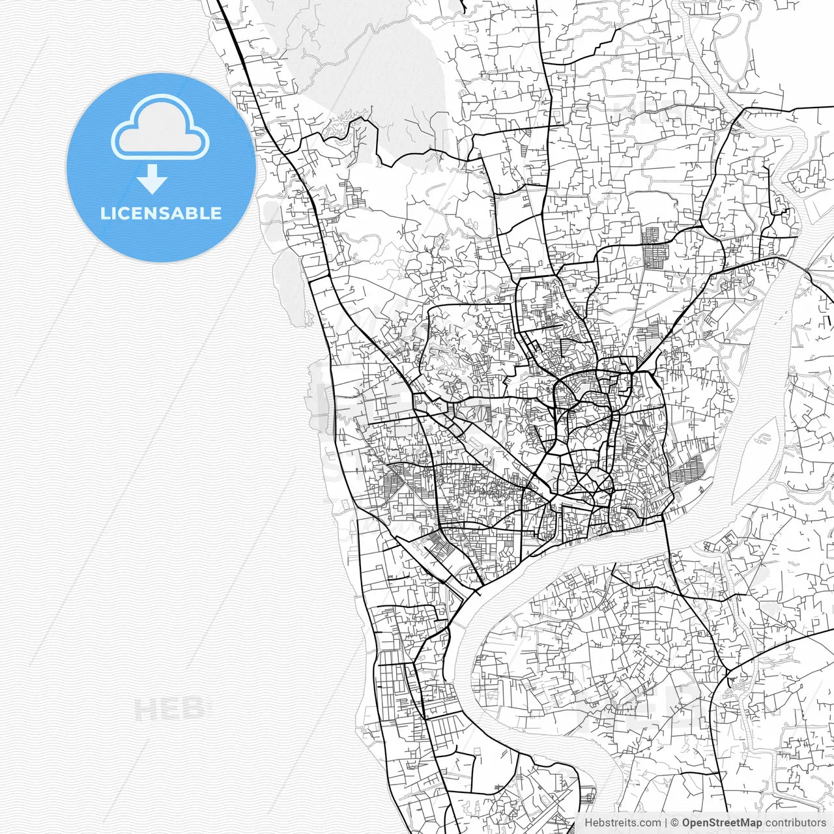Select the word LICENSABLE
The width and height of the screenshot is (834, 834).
(x=161, y=214)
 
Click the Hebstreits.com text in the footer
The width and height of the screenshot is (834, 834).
(x=622, y=823)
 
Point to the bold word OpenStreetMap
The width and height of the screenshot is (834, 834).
(x=721, y=823)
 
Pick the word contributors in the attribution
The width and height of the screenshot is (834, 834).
(x=796, y=823)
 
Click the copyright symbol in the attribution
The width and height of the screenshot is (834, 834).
(x=675, y=823)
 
